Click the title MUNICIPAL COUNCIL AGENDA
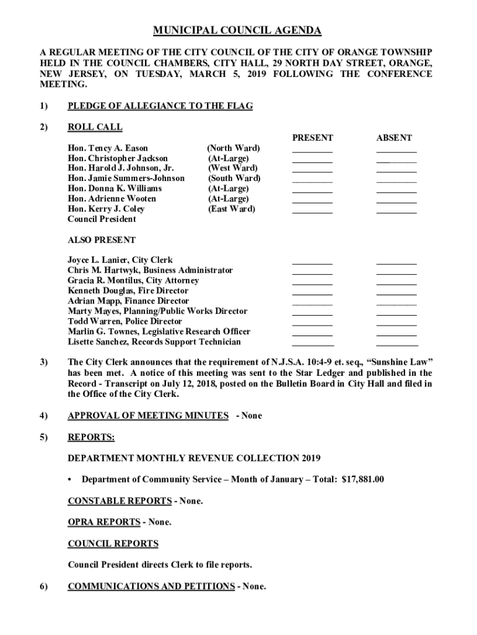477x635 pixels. pyautogui.click(x=238, y=30)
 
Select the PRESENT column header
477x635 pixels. pyautogui.click(x=312, y=138)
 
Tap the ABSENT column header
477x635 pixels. pyautogui.click(x=394, y=138)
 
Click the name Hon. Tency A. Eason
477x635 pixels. pyautogui.click(x=108, y=148)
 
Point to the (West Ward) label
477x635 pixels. pyautogui.click(x=233, y=168)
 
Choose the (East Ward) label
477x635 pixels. pyautogui.click(x=232, y=209)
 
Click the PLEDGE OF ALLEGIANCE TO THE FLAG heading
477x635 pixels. pyautogui.click(x=160, y=106)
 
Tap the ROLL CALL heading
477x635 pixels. pyautogui.click(x=95, y=127)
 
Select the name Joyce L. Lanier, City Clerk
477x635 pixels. pyautogui.click(x=120, y=260)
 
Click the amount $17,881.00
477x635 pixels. pyautogui.click(x=363, y=479)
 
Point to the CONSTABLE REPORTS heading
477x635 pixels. pyautogui.click(x=120, y=500)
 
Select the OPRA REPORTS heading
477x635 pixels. pyautogui.click(x=103, y=522)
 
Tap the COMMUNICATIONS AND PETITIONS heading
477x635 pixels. pyautogui.click(x=151, y=586)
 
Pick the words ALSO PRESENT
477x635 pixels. pyautogui.click(x=102, y=240)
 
